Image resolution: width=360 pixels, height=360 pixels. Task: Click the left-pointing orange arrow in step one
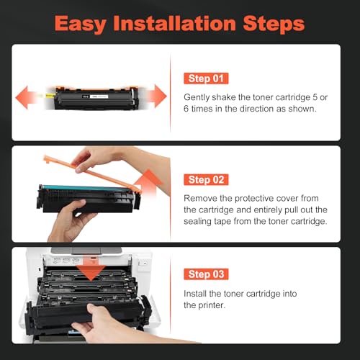27,94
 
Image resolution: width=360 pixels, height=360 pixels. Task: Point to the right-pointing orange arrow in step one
156,94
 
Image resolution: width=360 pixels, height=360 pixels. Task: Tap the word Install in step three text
196,292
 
